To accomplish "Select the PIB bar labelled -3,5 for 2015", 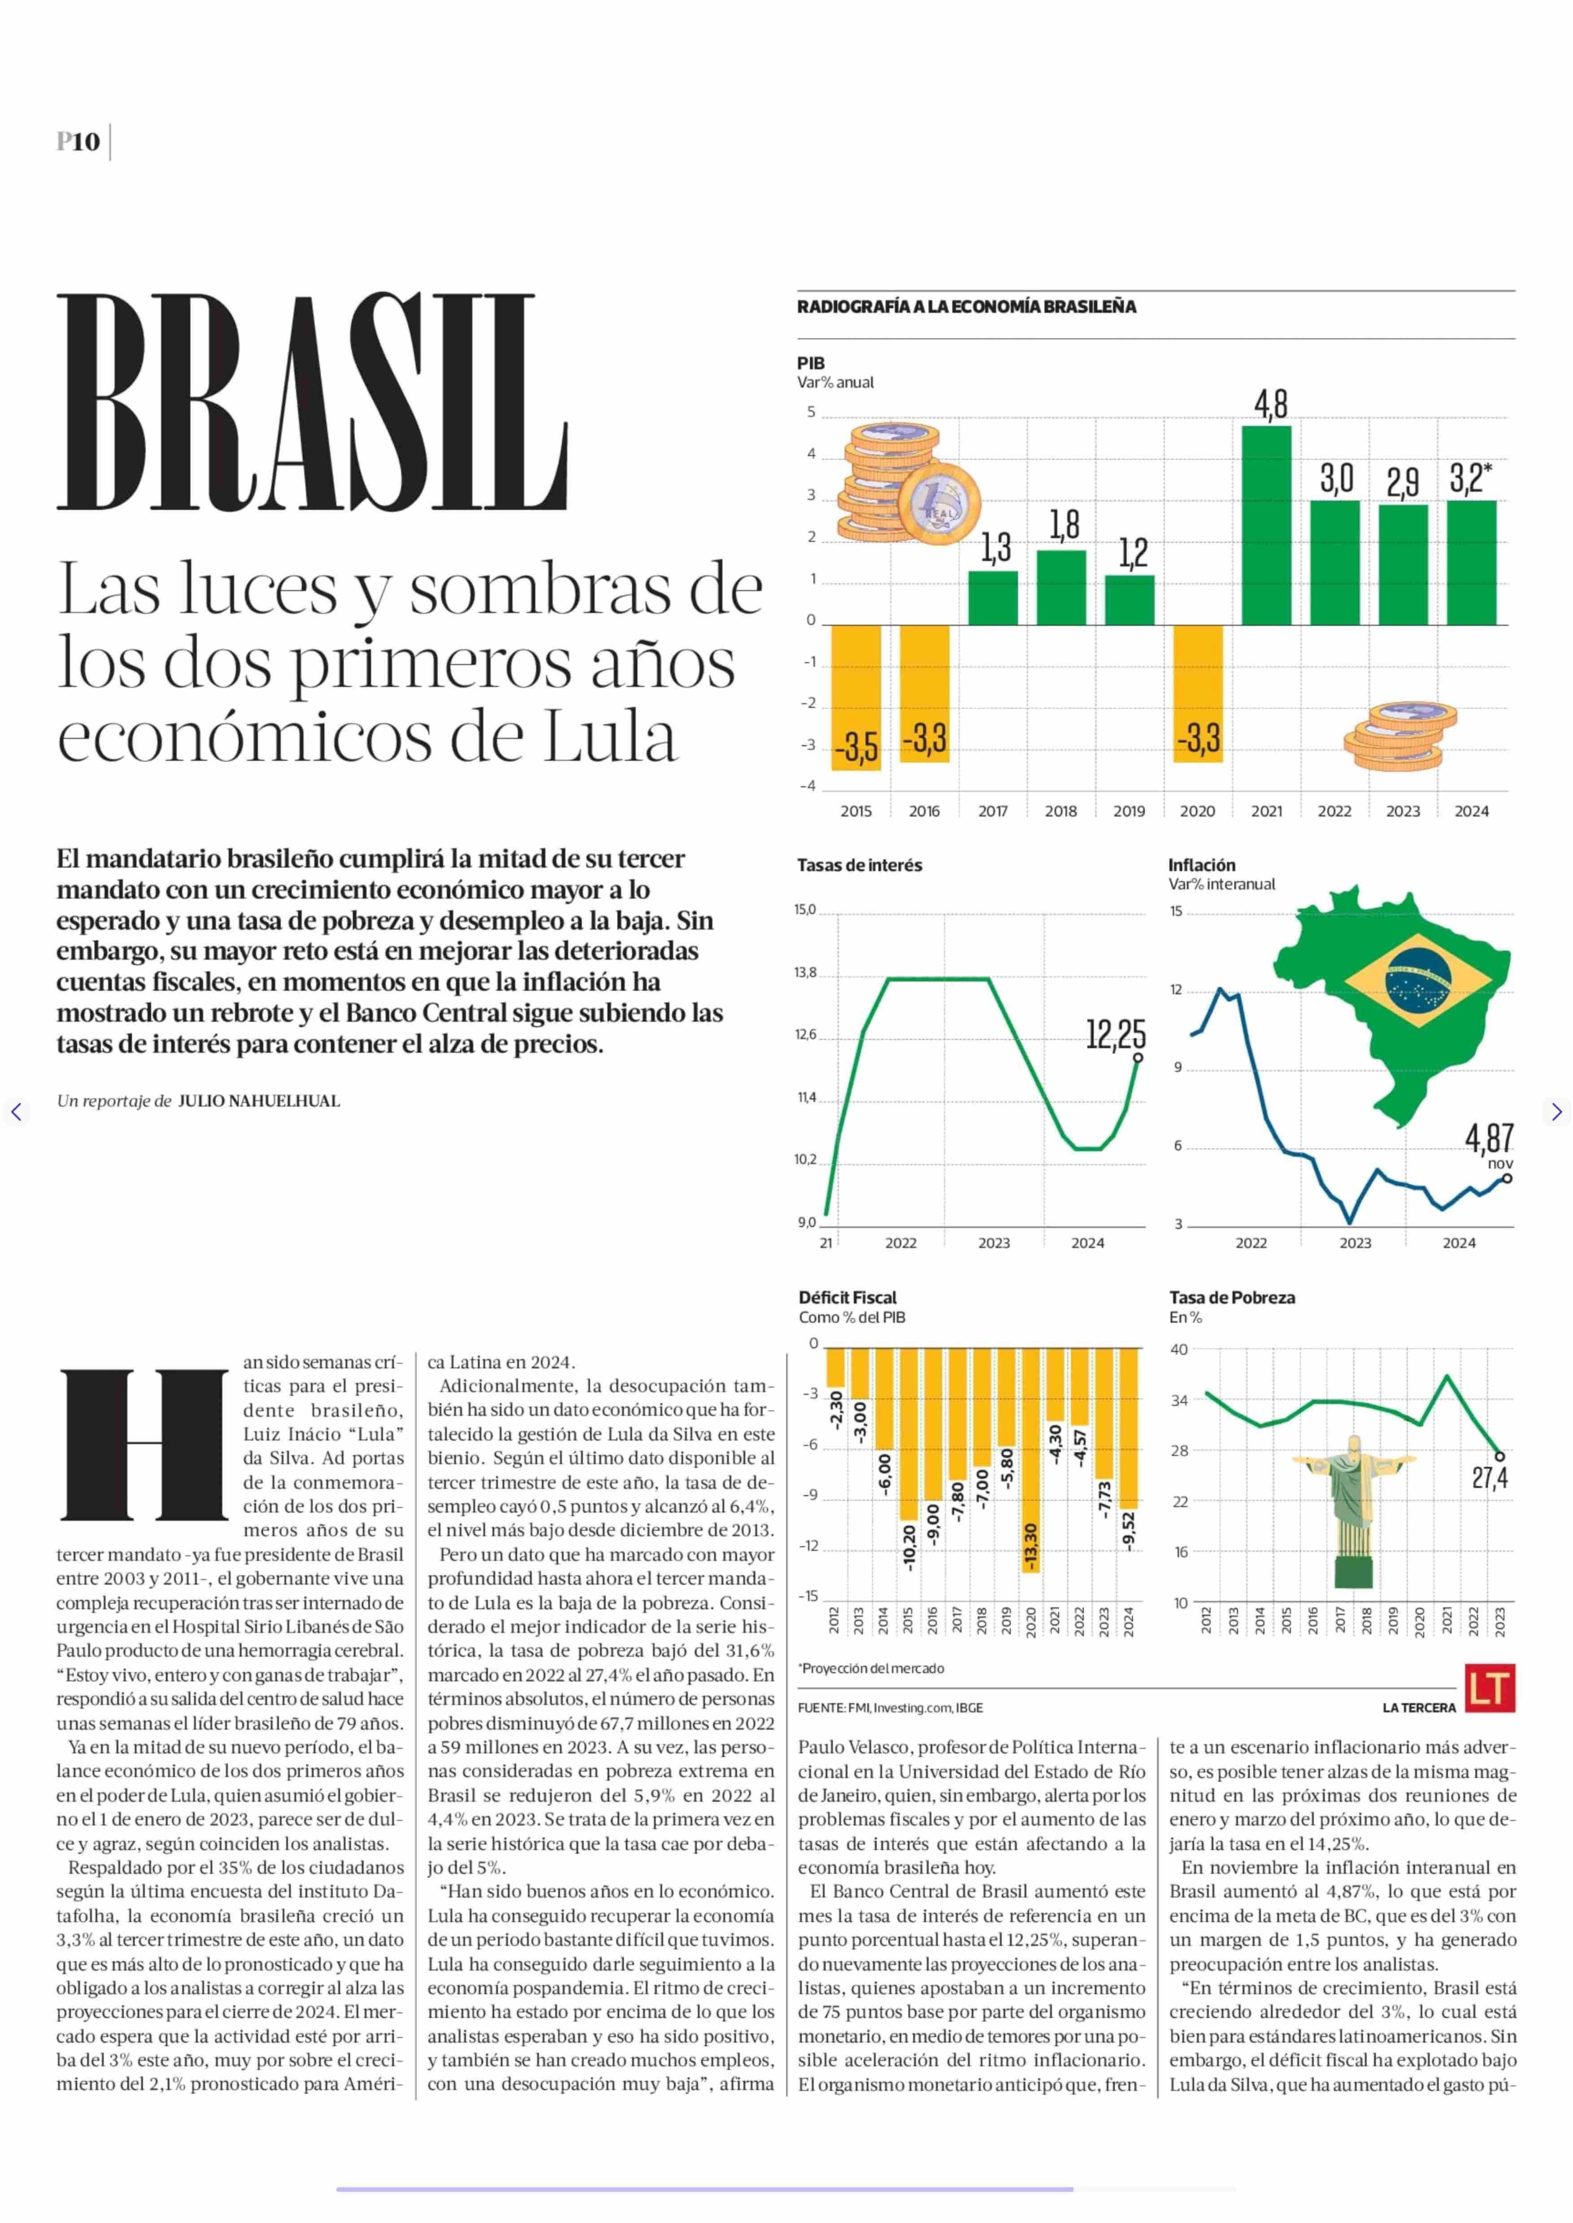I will [856, 697].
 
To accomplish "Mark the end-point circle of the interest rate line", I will [1138, 1058].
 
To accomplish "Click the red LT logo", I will [1490, 1689].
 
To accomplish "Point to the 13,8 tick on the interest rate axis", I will [805, 973].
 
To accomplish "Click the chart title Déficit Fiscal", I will [847, 1297].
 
